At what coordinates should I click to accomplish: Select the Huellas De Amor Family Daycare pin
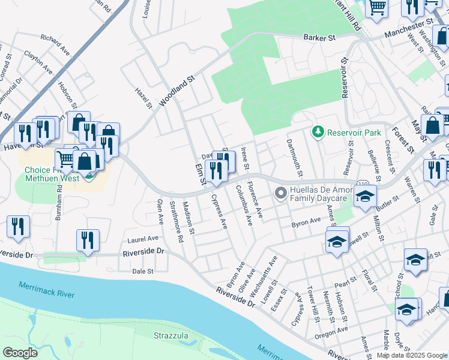tap(280, 193)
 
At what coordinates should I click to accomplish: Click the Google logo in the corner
tap(20, 352)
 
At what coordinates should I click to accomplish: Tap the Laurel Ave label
tap(133, 239)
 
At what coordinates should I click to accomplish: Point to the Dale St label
tap(143, 271)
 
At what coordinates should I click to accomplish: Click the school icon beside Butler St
tap(364, 197)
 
